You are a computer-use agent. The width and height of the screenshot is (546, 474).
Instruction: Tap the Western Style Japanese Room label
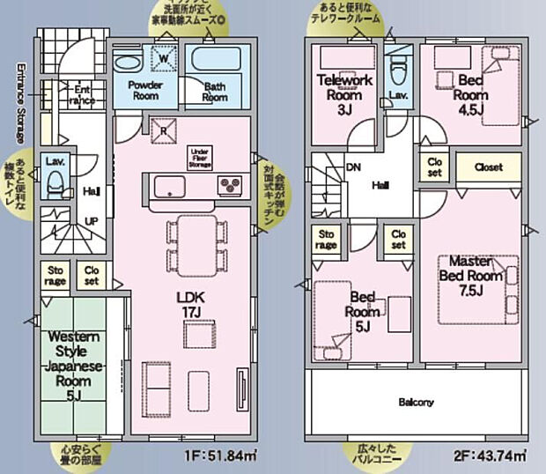pyautogui.click(x=75, y=366)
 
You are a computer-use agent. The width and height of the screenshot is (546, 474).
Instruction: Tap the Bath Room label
pyautogui.click(x=215, y=92)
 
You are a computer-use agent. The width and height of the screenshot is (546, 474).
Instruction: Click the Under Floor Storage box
pyautogui.click(x=200, y=158)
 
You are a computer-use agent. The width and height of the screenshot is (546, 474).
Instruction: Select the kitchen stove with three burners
pyautogui.click(x=231, y=186)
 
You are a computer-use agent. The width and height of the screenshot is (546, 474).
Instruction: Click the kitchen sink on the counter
pyautogui.click(x=169, y=187)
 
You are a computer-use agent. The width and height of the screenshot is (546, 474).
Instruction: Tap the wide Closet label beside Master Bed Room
pyautogui.click(x=488, y=166)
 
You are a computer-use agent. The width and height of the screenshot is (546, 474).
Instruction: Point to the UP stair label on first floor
pyautogui.click(x=90, y=220)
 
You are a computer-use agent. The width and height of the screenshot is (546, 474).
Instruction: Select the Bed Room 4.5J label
pyautogui.click(x=472, y=87)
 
